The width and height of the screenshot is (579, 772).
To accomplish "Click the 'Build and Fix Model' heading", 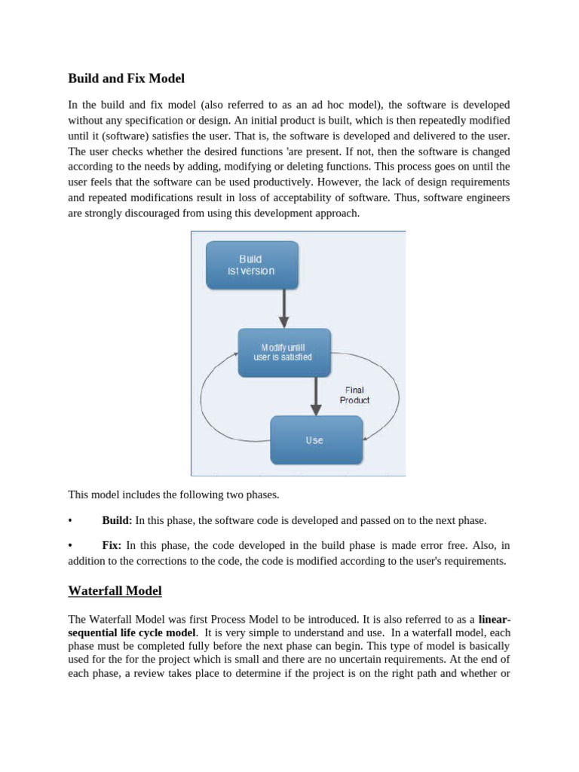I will tap(126, 78).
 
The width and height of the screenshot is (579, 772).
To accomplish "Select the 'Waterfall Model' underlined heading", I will tap(115, 590).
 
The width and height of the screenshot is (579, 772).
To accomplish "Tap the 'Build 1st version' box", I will tap(252, 265).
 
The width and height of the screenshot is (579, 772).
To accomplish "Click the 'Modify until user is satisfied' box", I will tap(283, 352).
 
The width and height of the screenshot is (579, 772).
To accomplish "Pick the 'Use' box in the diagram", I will tap(315, 440).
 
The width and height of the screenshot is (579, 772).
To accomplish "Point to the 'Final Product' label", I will tap(354, 395).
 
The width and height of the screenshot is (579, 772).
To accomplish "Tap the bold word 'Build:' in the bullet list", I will tap(117, 520).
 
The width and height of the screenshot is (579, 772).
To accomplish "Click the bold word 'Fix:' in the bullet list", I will tap(112, 545).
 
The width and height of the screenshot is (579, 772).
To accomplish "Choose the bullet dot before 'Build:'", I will tap(70, 520).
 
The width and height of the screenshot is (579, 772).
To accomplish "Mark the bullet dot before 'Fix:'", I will tap(70, 545).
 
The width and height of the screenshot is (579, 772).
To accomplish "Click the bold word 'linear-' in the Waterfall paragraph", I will tap(495, 619).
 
